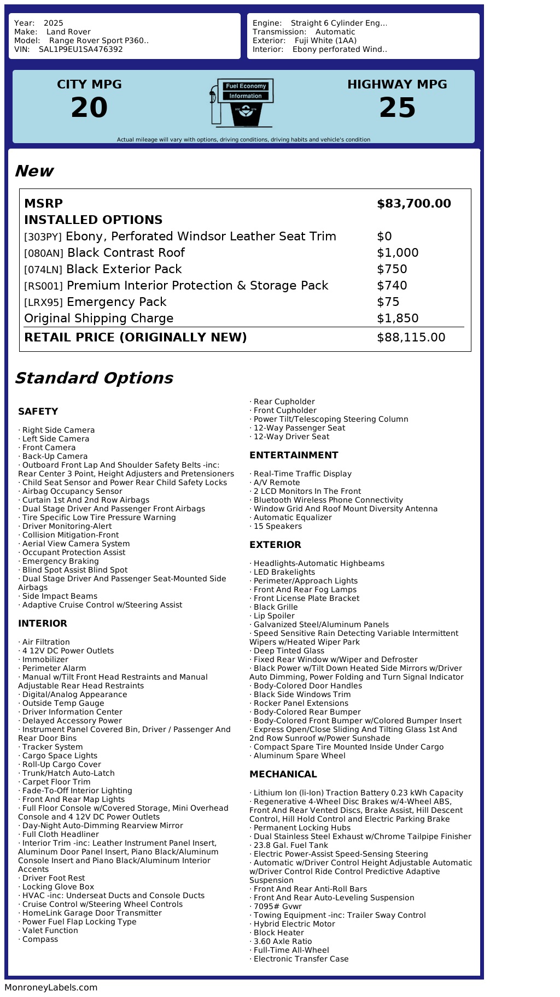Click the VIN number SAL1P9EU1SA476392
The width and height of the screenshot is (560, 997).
(x=80, y=49)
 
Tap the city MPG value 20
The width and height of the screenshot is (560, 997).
(x=89, y=108)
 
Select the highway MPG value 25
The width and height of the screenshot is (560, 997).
(x=397, y=108)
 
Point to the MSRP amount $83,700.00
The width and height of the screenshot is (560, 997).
(x=413, y=204)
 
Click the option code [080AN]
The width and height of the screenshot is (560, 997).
(x=44, y=253)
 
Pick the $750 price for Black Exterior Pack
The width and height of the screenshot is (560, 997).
(x=392, y=269)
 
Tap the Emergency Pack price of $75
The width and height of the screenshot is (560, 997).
(x=388, y=302)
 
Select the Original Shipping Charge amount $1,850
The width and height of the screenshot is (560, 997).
(x=398, y=318)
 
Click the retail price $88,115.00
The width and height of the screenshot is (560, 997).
(x=411, y=338)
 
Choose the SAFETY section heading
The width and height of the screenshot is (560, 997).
(x=38, y=411)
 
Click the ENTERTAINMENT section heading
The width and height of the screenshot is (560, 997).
(x=294, y=455)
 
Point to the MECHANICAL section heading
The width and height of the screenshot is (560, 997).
(x=283, y=774)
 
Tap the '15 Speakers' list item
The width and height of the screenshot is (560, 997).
(x=277, y=526)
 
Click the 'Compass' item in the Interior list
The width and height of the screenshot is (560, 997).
(x=40, y=939)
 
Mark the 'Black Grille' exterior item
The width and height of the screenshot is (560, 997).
(x=275, y=607)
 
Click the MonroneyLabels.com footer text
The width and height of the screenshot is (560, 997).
(x=51, y=987)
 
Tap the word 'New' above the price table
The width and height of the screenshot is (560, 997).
(x=34, y=171)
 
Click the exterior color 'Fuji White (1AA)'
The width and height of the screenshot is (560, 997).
(x=325, y=40)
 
